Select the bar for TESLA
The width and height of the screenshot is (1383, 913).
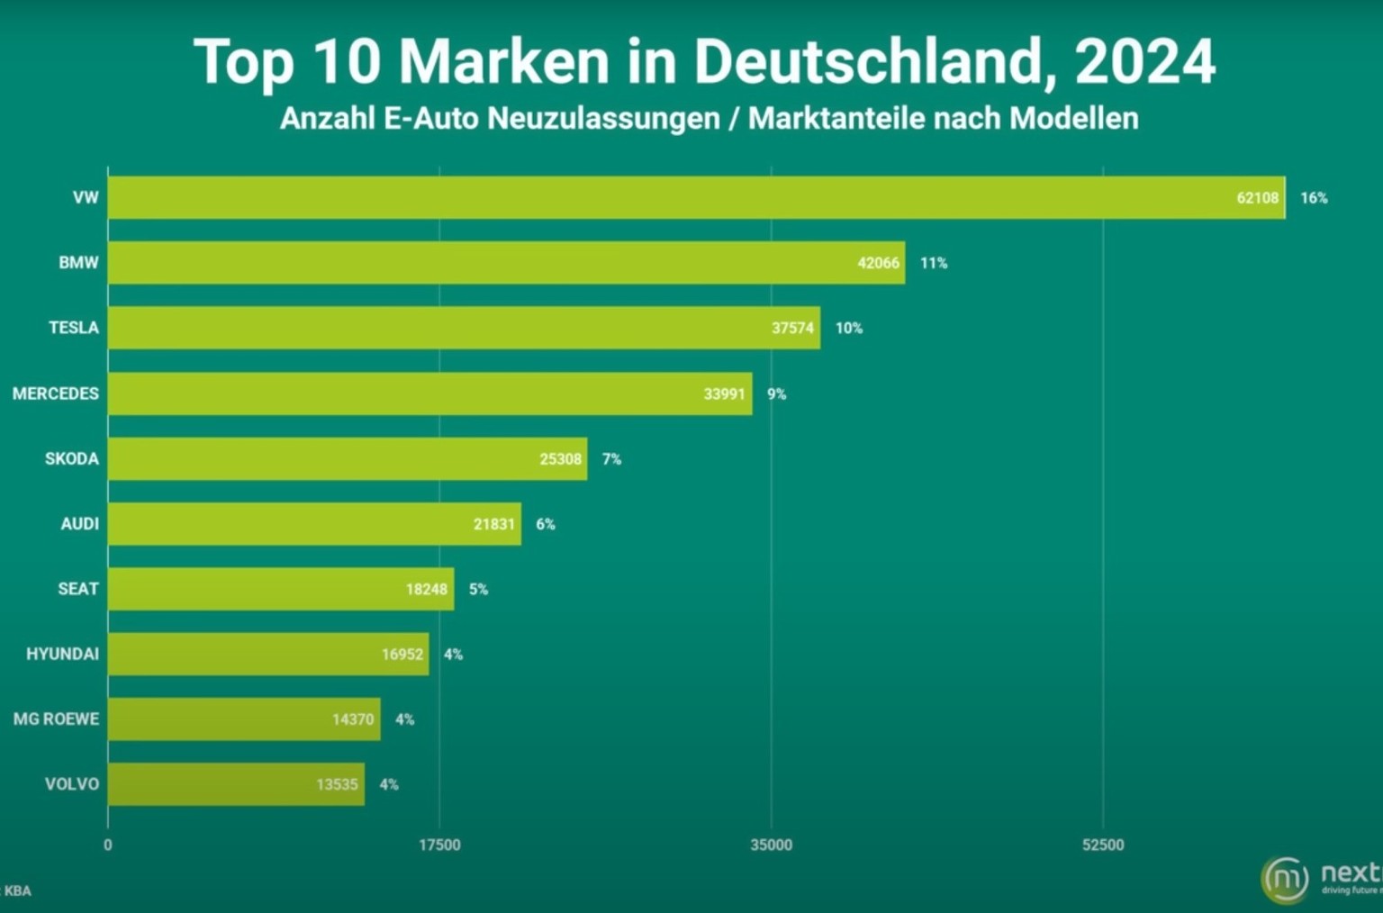click(x=464, y=328)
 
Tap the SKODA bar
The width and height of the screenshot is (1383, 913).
click(x=348, y=459)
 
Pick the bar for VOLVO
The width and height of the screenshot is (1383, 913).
click(x=236, y=784)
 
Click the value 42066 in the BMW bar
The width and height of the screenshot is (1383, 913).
click(x=878, y=263)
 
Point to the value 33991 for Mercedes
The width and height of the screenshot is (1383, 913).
click(x=724, y=393)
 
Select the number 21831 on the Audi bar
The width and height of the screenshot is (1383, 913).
click(x=493, y=524)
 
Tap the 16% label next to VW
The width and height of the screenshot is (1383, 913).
click(x=1314, y=198)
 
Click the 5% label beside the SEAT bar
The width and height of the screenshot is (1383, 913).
click(x=478, y=589)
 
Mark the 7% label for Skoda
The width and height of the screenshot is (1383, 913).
click(x=611, y=459)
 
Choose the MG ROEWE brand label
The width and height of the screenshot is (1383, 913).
click(x=56, y=719)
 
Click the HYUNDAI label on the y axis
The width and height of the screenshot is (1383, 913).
click(x=62, y=654)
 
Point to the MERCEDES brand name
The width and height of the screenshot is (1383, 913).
click(x=56, y=393)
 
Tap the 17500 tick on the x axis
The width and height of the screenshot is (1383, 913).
click(x=439, y=845)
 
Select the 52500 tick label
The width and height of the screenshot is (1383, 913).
click(x=1103, y=845)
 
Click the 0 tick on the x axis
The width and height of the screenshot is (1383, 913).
click(x=108, y=845)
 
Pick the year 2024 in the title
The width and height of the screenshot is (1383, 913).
click(x=1144, y=62)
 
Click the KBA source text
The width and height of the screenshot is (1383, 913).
click(x=18, y=890)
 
